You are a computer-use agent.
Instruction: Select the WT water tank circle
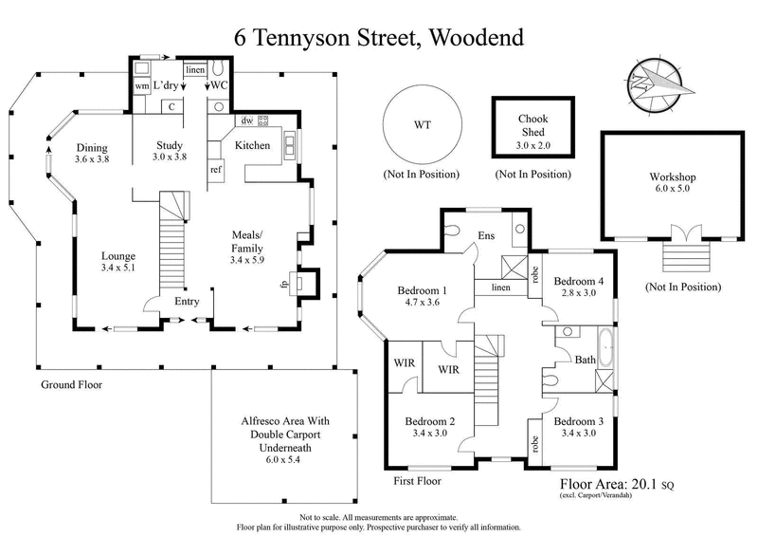pos(422,124)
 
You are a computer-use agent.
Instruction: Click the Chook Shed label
pos(532,126)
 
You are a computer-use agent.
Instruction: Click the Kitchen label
pos(253,145)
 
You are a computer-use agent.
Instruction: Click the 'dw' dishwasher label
pos(246,120)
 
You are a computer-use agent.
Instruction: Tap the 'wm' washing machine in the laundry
pos(141,87)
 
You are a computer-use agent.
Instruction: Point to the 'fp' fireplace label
pos(283,283)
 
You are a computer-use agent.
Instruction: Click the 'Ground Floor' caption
pos(71,385)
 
